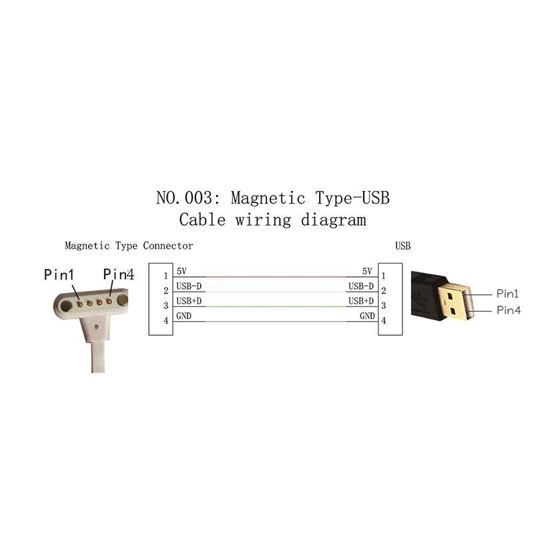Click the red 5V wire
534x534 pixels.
pyautogui.click(x=276, y=277)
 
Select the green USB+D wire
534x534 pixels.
pyautogui.click(x=276, y=306)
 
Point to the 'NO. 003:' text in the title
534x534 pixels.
pyautogui.click(x=188, y=198)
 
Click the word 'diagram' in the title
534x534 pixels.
pyautogui.click(x=334, y=220)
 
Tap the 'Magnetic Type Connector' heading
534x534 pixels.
pyautogui.click(x=129, y=246)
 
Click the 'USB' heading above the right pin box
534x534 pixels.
pyautogui.click(x=403, y=246)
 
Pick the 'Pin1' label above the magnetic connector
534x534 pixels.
pyautogui.click(x=59, y=274)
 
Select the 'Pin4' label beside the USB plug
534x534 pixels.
pyautogui.click(x=509, y=310)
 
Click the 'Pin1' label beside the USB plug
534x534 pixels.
pyautogui.click(x=507, y=294)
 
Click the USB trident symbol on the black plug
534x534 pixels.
pyautogui.click(x=421, y=300)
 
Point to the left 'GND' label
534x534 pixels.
pyautogui.click(x=184, y=316)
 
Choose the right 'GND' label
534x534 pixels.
pyautogui.click(x=367, y=316)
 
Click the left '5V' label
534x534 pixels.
pyautogui.click(x=182, y=271)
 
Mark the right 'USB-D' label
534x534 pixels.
pyautogui.click(x=360, y=286)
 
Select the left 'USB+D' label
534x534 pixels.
pyautogui.click(x=189, y=301)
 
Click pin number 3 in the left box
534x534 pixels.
pyautogui.click(x=166, y=306)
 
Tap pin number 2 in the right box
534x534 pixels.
pyautogui.click(x=383, y=290)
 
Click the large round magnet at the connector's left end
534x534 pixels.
pyautogui.click(x=66, y=306)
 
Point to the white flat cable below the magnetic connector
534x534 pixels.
pyautogui.click(x=98, y=356)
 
